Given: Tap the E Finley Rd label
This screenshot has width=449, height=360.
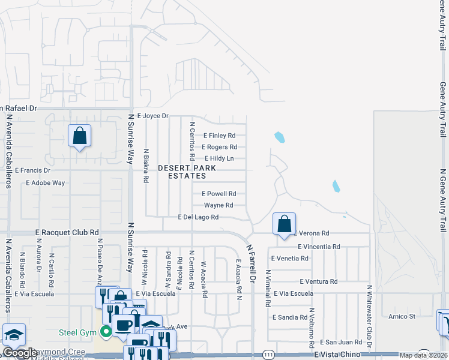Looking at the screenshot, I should pos(219,136).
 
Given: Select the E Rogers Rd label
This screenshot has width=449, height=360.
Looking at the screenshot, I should pos(219,147).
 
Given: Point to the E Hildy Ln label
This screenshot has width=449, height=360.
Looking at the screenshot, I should pos(219,158).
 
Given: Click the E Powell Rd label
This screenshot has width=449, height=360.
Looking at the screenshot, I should pos(218,194).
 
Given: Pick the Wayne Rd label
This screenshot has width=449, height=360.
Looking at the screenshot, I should pos(218,205).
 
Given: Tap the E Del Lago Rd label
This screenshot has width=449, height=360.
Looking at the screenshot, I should pos(198,217).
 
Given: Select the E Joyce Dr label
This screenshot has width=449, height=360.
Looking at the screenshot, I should pos(154,115).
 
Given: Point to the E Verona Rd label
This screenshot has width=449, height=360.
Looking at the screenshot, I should pos(311,233).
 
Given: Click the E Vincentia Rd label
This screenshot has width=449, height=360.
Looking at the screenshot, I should pos(319,247).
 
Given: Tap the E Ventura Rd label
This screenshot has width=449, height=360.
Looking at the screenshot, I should pos(318,281).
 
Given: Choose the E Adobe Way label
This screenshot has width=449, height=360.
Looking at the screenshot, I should pos(45,182).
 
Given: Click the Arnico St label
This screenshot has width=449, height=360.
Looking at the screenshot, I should pos(402,316).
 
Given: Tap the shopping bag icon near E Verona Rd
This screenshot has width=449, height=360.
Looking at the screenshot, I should pos(284,224).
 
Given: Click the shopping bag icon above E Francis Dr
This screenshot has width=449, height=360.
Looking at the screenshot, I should pos(79,136).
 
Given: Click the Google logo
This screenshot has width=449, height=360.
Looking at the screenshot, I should pos(20,353).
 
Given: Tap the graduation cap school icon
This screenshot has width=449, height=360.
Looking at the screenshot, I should pos(14,335).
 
